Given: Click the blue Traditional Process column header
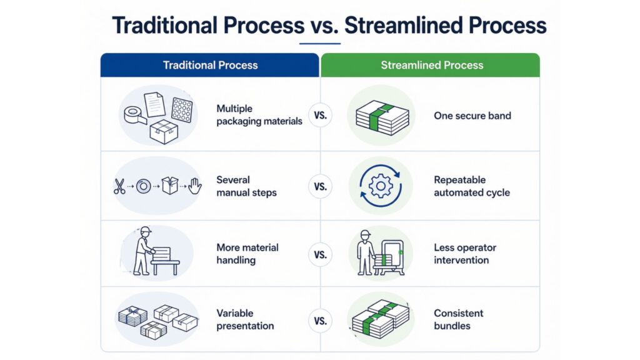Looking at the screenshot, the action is [x=210, y=65].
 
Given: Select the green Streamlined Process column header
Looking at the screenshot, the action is [x=431, y=65].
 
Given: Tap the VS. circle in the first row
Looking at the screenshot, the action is [x=321, y=116].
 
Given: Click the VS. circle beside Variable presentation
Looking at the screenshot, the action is [x=321, y=321].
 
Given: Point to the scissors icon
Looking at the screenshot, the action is [x=119, y=186].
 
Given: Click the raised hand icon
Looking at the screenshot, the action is [x=195, y=186].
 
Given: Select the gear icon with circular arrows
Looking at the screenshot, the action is [x=381, y=186].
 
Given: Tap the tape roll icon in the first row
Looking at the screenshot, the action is [x=134, y=115].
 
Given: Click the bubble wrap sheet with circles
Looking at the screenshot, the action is [x=182, y=109].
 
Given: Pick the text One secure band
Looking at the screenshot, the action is [x=472, y=116].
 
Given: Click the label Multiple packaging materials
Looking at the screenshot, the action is [x=259, y=115].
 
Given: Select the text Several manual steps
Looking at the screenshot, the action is [x=246, y=186].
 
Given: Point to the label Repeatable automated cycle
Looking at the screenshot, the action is [x=472, y=186].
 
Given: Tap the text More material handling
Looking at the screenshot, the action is [x=247, y=254].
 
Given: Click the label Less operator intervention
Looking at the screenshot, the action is [x=465, y=254].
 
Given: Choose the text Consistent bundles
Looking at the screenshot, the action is [x=458, y=319].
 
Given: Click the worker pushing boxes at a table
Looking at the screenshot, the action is [x=156, y=251].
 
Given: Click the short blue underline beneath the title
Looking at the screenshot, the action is [x=319, y=43].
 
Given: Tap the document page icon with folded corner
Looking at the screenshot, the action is [x=155, y=104].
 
